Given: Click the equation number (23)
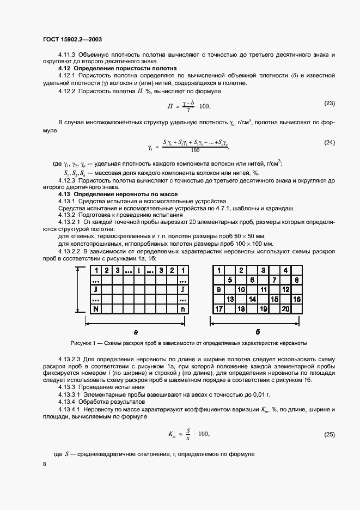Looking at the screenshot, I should click(330, 102).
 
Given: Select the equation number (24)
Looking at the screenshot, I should click(330, 142).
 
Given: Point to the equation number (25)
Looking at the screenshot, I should click(330, 435).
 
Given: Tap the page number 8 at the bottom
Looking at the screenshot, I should click(44, 464).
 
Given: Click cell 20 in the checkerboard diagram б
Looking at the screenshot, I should click(285, 309).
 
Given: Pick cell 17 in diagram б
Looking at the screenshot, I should click(219, 309).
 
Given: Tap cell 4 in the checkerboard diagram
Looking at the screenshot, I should click(285, 270).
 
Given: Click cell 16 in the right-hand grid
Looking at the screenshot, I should click(297, 299).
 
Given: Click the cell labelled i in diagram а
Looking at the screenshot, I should click(139, 270).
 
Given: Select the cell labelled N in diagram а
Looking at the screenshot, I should click(96, 309).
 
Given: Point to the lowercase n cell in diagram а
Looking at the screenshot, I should click(183, 309).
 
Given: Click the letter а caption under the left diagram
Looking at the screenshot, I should click(136, 332).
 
